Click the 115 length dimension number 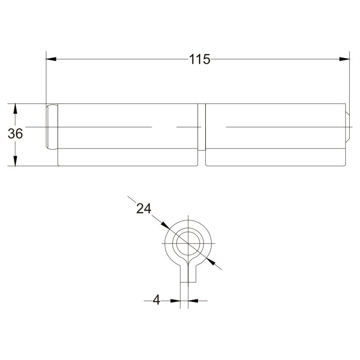point(199,59)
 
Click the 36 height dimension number point(15,134)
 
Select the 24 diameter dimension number point(144,209)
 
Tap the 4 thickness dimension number point(156,300)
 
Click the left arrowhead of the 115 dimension point(51,59)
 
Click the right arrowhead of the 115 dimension point(344,59)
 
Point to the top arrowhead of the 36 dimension point(15,109)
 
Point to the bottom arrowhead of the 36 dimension point(15,161)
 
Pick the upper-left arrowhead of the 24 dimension point(165,225)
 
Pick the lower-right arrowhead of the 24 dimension point(211,261)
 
